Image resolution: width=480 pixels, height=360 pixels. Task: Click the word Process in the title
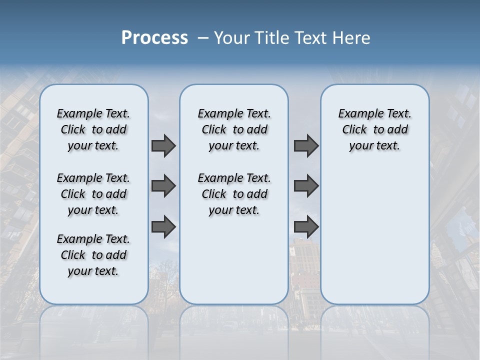point(154,38)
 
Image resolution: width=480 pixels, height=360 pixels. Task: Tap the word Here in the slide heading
point(351,38)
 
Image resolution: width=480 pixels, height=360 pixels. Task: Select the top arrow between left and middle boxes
point(163,146)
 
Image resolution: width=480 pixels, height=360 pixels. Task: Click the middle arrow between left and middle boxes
point(163,186)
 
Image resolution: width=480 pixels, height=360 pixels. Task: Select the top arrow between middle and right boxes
point(306,146)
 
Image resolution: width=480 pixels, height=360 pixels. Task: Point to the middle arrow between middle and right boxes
point(306,186)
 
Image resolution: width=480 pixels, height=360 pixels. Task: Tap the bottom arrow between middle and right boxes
point(306,227)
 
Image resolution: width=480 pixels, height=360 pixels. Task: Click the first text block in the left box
point(93,129)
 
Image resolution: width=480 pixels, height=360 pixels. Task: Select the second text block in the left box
point(93,194)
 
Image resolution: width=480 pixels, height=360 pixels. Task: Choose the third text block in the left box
point(93,255)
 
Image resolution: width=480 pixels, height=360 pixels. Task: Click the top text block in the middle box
point(234,129)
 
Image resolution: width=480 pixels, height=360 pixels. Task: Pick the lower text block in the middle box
point(234,194)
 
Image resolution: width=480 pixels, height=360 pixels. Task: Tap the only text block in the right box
point(374,129)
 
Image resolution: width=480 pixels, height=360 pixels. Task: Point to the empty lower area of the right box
point(374,230)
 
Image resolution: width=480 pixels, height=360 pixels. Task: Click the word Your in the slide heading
point(231,38)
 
